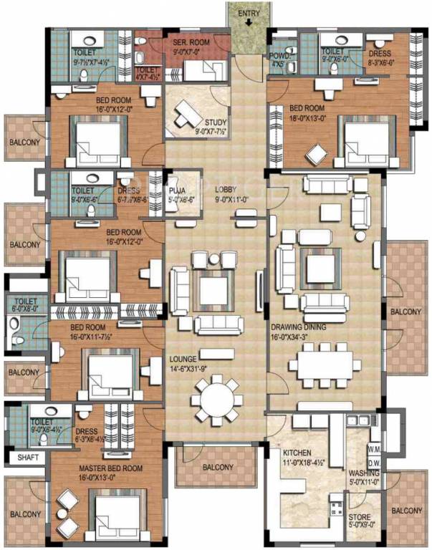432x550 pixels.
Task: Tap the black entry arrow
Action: click(x=248, y=20)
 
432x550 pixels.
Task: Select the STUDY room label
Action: click(x=215, y=122)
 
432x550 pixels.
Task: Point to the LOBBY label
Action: click(x=227, y=190)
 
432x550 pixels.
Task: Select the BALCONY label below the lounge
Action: click(x=216, y=468)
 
